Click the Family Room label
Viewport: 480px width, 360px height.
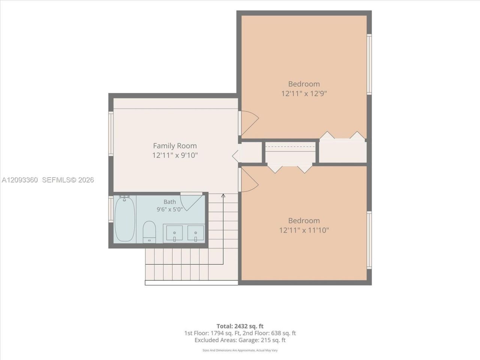click(x=175, y=145)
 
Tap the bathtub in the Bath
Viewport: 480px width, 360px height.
click(x=124, y=219)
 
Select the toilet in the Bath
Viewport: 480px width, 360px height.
click(x=149, y=232)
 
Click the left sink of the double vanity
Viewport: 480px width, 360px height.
click(x=174, y=234)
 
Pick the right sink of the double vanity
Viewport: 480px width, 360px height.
click(x=195, y=234)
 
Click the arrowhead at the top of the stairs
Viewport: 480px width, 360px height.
click(x=223, y=195)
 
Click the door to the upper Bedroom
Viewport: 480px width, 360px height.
click(x=249, y=123)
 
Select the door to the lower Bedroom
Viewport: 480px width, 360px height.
click(x=249, y=180)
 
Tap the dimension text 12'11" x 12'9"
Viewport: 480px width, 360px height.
click(x=304, y=93)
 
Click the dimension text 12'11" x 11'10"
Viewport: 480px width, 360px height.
click(x=304, y=230)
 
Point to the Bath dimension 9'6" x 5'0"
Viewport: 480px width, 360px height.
click(x=170, y=209)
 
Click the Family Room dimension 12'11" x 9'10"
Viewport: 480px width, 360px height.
click(x=175, y=155)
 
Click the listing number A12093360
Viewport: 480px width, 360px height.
click(x=19, y=180)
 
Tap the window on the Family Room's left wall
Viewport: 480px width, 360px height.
click(x=111, y=134)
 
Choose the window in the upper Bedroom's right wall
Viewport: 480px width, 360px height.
click(x=369, y=64)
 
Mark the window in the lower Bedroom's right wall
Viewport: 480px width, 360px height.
click(x=369, y=240)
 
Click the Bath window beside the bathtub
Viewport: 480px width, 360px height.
click(x=111, y=209)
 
